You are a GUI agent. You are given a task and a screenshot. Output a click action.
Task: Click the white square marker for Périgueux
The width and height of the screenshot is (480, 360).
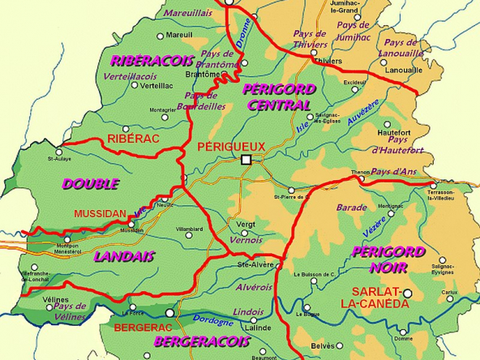tap(246, 160)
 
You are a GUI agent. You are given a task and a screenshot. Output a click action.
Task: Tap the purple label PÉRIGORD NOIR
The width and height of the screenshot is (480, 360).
tap(389, 259)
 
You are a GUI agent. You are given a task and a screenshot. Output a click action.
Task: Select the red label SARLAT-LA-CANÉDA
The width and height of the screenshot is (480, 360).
tap(377, 297)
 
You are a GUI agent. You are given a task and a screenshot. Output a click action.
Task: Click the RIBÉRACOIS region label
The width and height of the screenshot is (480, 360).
tap(152, 61)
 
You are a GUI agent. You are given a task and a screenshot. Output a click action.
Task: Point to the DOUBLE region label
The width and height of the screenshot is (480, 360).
tap(90, 184)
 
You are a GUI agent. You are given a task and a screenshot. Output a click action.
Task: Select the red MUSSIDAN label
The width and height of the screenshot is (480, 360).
tap(100, 214)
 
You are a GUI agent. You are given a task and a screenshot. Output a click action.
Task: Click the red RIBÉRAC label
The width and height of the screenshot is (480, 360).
tap(131, 139)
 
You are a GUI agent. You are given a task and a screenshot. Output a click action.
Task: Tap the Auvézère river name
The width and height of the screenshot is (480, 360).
tap(362, 117)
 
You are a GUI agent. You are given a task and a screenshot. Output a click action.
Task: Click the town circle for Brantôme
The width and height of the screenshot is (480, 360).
tap(216, 74)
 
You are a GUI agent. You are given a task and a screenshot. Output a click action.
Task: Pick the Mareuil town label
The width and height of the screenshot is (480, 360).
tap(179, 36)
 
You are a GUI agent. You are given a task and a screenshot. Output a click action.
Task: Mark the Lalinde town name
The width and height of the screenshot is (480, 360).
tap(256, 328)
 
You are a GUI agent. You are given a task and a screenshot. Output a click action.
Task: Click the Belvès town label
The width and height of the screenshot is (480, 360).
tap(322, 346)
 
